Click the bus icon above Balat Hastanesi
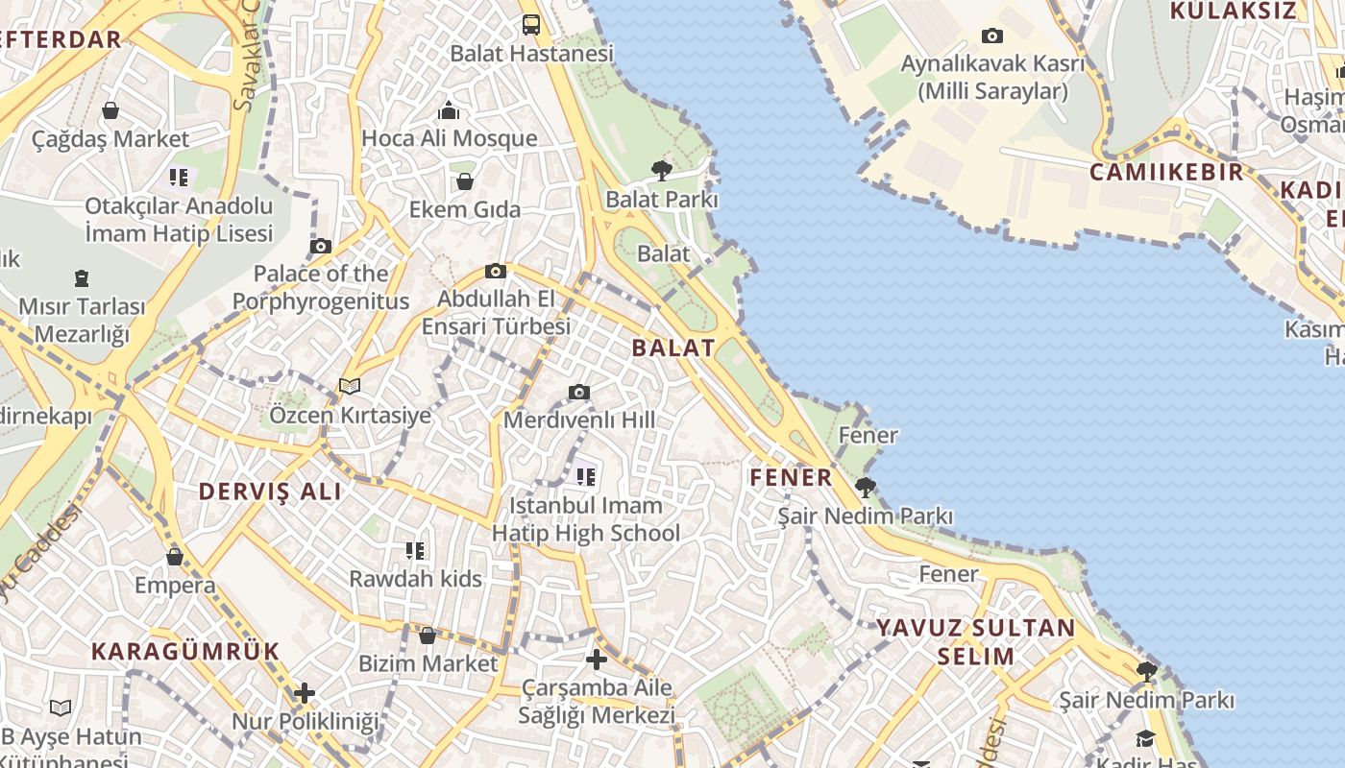[531, 25]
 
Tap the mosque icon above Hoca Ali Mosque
[448, 110]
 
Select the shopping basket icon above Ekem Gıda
[465, 180]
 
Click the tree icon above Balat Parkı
[661, 171]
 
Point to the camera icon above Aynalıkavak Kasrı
[992, 36]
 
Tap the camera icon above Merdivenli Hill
[578, 392]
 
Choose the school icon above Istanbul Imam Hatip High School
[585, 475]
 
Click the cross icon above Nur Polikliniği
[305, 692]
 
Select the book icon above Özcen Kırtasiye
[350, 386]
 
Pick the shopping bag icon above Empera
[175, 556]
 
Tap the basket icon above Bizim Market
[428, 635]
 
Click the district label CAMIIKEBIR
[1166, 173]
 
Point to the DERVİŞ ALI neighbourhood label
[270, 492]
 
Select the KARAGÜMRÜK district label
[185, 651]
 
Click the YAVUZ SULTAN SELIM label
[975, 642]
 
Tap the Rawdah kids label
[415, 579]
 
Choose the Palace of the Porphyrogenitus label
[321, 287]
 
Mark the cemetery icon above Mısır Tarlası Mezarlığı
[82, 278]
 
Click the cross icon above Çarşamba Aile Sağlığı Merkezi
[597, 660]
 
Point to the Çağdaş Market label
[110, 139]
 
